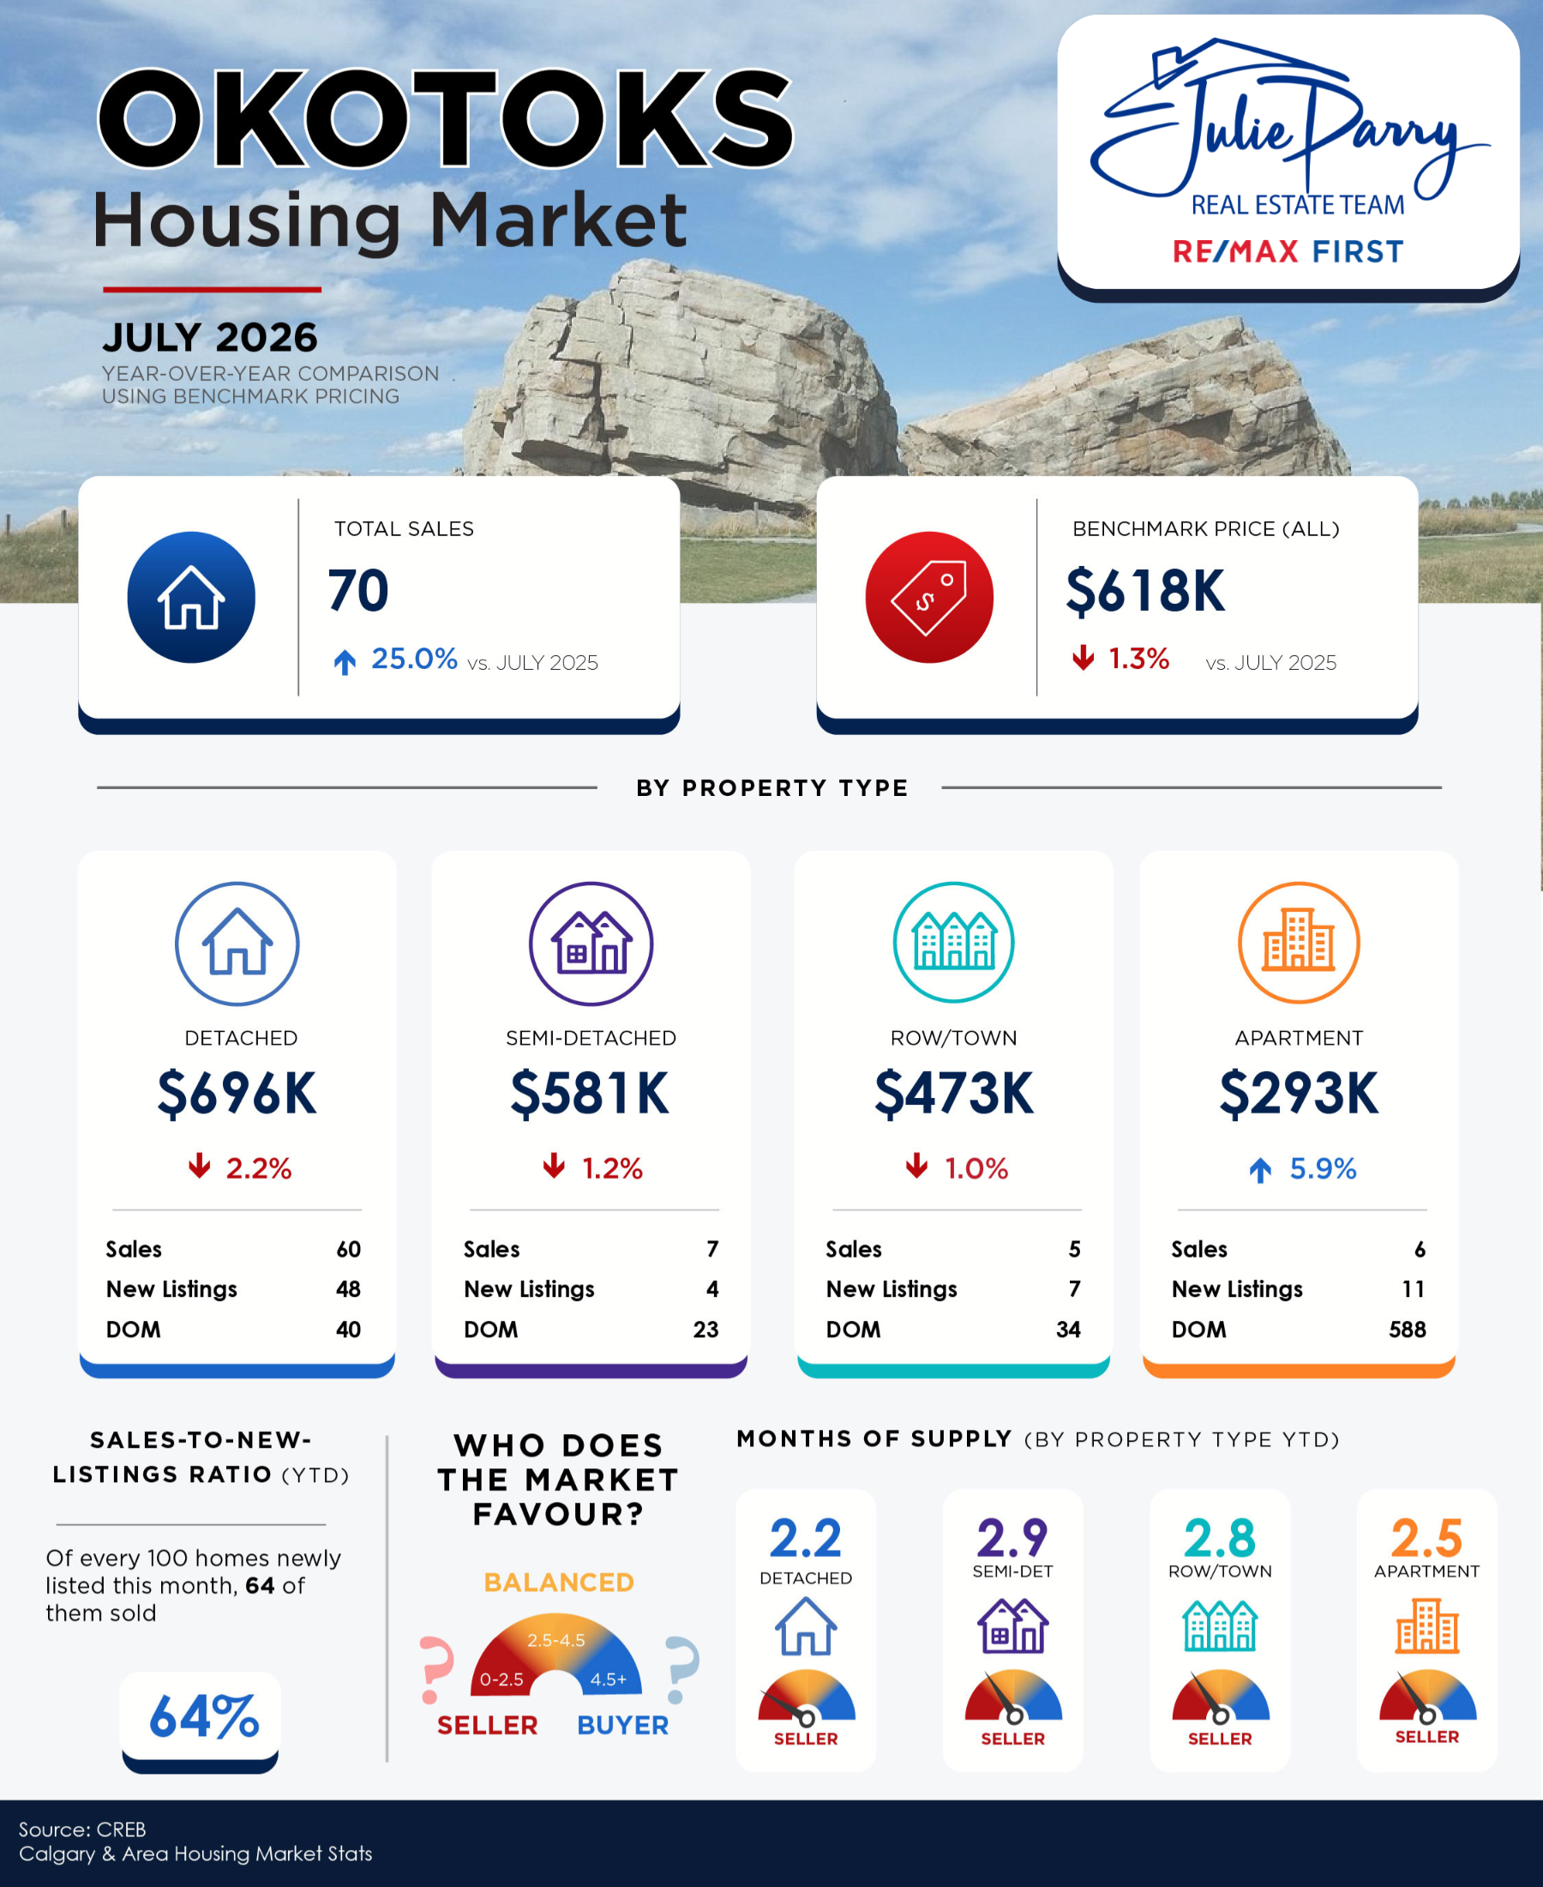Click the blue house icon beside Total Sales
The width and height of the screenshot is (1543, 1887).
[191, 597]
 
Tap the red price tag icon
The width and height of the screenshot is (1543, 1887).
[929, 597]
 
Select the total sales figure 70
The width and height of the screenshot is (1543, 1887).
[358, 590]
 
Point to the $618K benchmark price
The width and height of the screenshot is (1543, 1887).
[1144, 591]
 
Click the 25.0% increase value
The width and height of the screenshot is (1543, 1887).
[413, 659]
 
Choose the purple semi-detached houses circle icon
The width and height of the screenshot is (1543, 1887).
[591, 944]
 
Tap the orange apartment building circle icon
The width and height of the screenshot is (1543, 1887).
[1299, 943]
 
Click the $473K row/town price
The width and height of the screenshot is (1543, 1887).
[954, 1093]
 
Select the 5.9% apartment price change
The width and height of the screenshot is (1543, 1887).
[1323, 1168]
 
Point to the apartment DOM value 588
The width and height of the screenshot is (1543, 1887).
[1407, 1329]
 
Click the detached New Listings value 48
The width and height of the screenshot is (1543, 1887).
[348, 1289]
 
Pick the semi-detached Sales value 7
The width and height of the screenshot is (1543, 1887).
[712, 1250]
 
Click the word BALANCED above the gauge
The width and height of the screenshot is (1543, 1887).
[559, 1582]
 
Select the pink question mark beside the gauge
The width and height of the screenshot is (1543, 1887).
[436, 1668]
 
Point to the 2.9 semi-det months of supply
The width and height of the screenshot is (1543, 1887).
[1012, 1538]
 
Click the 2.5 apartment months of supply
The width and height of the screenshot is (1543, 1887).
[1426, 1538]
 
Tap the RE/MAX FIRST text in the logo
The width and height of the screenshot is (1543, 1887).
[1288, 251]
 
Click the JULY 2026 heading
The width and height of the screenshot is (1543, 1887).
[210, 338]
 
